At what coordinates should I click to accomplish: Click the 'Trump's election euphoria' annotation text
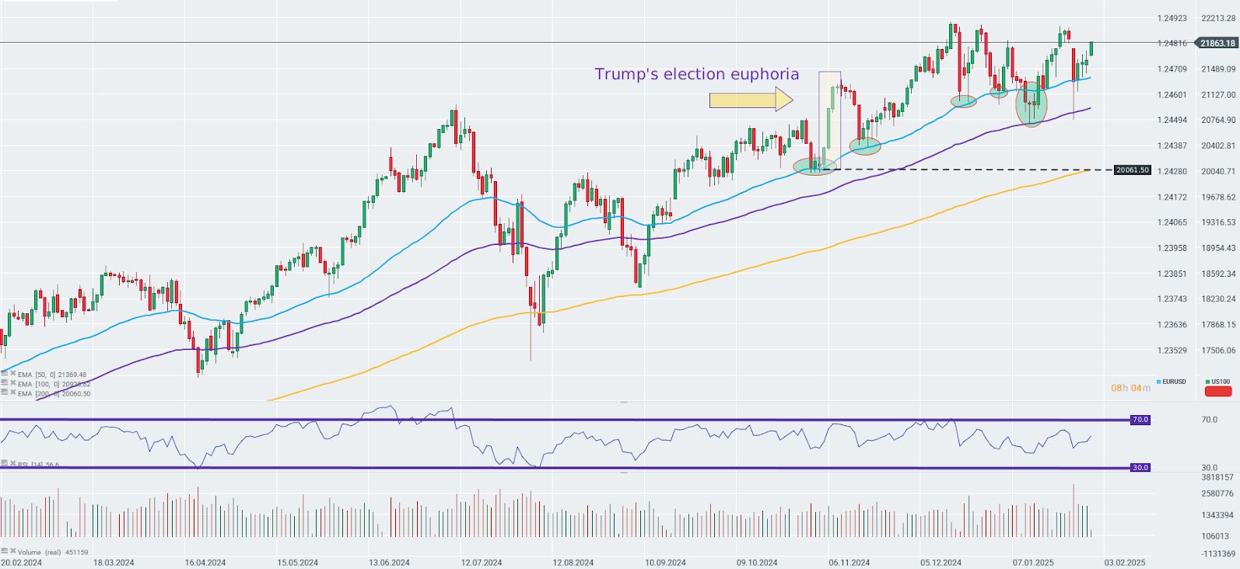click(x=696, y=75)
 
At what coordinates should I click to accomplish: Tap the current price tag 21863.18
click(x=1217, y=44)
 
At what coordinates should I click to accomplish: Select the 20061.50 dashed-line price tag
click(x=1132, y=169)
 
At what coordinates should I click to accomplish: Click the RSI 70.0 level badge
click(x=1140, y=420)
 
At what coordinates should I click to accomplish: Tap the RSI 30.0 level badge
click(x=1140, y=468)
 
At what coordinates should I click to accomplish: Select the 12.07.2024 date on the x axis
click(x=481, y=562)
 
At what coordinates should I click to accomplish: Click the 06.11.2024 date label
click(x=849, y=562)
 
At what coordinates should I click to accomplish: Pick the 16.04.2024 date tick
click(x=205, y=562)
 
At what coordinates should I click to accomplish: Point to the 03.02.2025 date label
click(x=1125, y=562)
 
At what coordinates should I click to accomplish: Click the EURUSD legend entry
click(x=1172, y=382)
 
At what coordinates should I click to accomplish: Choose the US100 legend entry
click(x=1218, y=382)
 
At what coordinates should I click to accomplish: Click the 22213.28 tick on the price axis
click(x=1218, y=18)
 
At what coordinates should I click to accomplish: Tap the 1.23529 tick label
click(x=1172, y=351)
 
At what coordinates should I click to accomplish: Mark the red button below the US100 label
click(x=1218, y=391)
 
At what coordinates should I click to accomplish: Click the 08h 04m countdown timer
click(x=1130, y=388)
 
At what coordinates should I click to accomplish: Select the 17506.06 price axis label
click(x=1218, y=351)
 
